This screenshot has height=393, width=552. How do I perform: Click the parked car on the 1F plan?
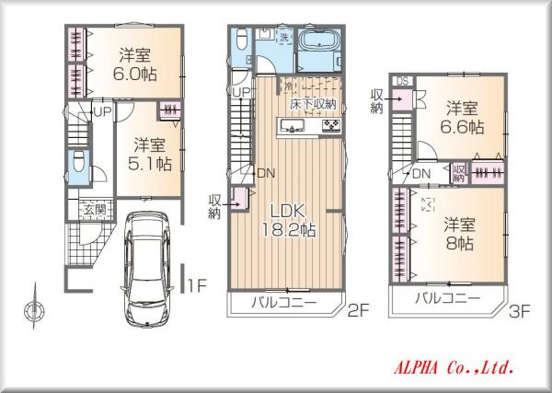pyautogui.click(x=148, y=270)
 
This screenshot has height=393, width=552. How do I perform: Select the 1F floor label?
pyautogui.click(x=197, y=285)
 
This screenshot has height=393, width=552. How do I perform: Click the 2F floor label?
pyautogui.click(x=358, y=310)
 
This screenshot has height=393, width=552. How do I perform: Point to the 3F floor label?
pyautogui.click(x=519, y=311)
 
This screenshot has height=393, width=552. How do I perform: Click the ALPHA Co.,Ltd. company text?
pyautogui.click(x=454, y=368)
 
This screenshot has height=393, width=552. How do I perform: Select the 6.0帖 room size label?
pyautogui.click(x=135, y=74)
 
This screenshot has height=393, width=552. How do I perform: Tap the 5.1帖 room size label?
pyautogui.click(x=150, y=164)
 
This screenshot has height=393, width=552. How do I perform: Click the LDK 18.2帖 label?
pyautogui.click(x=288, y=221)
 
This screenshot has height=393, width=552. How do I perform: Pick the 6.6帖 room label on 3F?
pyautogui.click(x=462, y=127)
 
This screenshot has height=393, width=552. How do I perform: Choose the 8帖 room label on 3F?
pyautogui.click(x=460, y=243)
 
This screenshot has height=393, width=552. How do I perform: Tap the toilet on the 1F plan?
pyautogui.click(x=78, y=160)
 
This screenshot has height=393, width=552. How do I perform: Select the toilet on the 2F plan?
pyautogui.click(x=242, y=39)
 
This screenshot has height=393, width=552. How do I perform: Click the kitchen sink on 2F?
pyautogui.click(x=292, y=125)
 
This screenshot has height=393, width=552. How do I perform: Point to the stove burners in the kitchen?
pyautogui.click(x=331, y=125)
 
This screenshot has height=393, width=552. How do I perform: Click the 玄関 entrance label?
pyautogui.click(x=95, y=210)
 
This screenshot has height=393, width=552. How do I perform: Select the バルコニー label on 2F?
pyautogui.click(x=283, y=302)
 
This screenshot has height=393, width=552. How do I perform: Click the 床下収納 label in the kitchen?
pyautogui.click(x=313, y=104)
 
